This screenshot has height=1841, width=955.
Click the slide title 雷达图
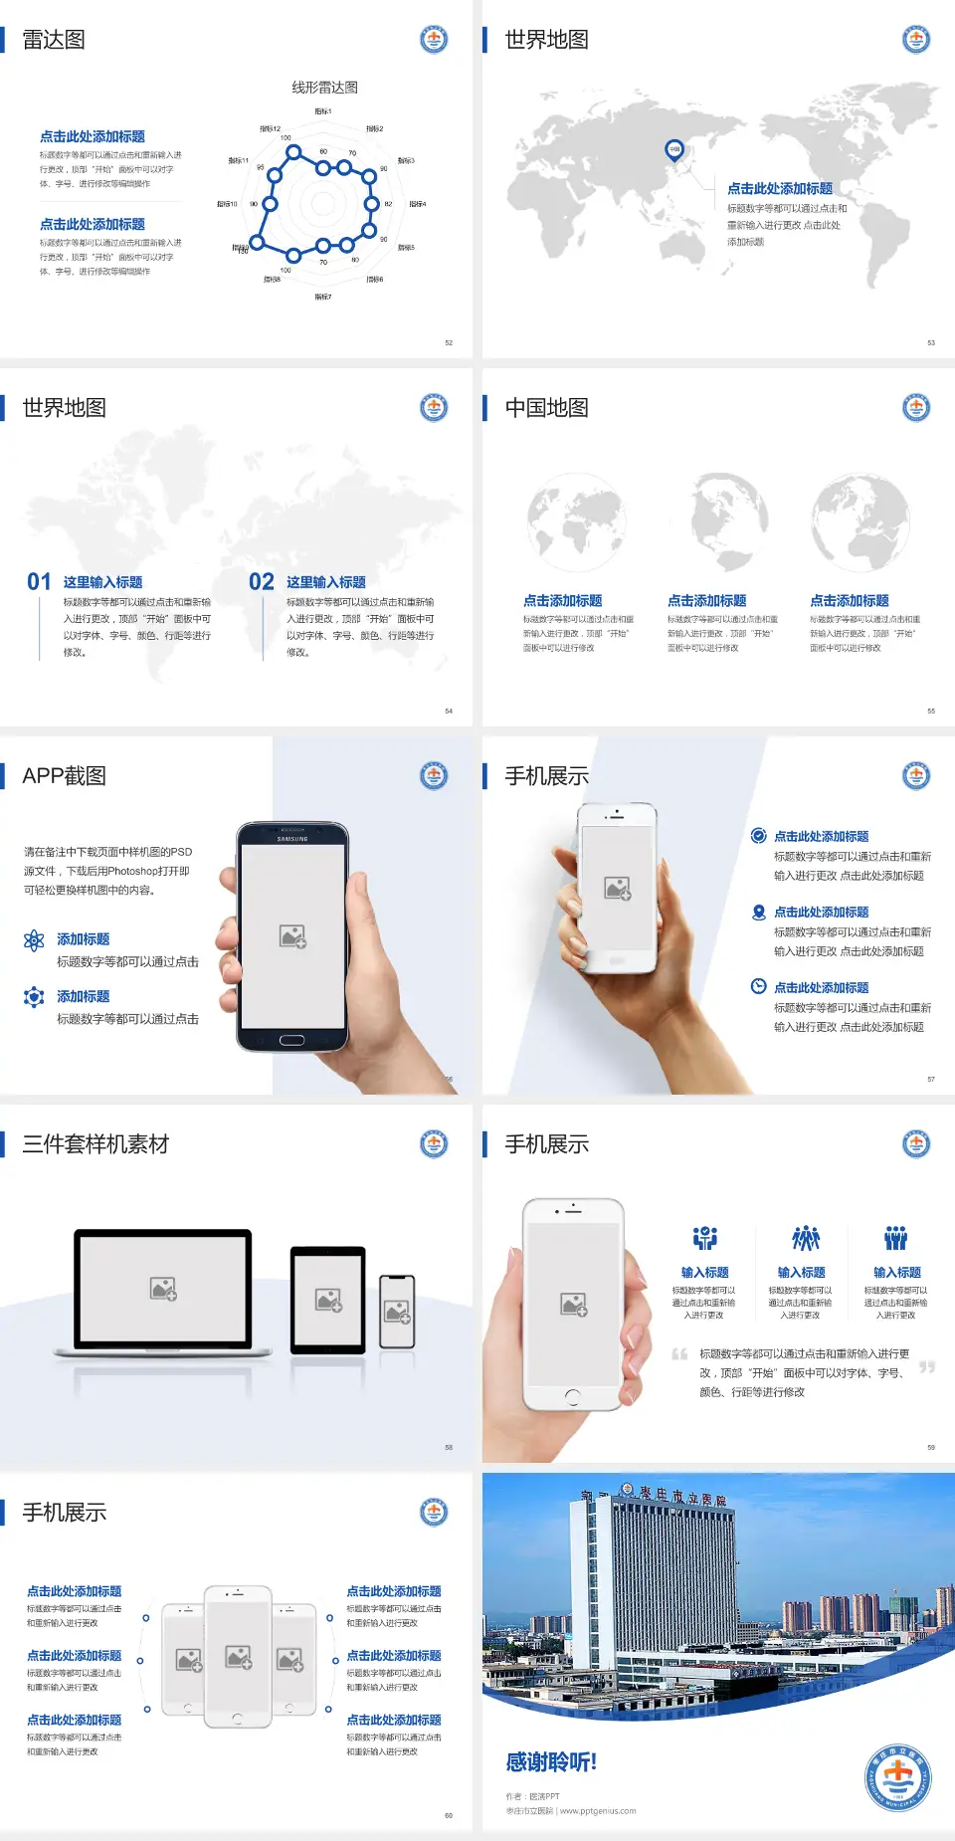[x=54, y=40]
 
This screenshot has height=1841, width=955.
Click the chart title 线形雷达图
[x=324, y=88]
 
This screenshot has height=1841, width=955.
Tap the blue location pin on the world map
[x=673, y=149]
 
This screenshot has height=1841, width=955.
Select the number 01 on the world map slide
[x=39, y=582]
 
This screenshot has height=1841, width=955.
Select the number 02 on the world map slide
[x=262, y=582]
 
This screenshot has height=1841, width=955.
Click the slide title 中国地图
[x=546, y=408]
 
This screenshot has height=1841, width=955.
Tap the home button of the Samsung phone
[x=291, y=1040]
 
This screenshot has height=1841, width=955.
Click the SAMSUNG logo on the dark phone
[x=292, y=839]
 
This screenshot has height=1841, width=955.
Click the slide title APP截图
[x=65, y=776]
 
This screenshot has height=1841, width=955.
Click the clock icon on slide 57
[x=758, y=986]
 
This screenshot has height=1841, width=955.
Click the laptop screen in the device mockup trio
[x=163, y=1288]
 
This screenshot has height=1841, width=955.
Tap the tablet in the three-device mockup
[x=328, y=1299]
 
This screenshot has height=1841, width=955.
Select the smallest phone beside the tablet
[x=397, y=1312]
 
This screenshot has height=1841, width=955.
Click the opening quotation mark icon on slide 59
[x=679, y=1353]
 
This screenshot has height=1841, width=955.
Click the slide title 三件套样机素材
[x=95, y=1144]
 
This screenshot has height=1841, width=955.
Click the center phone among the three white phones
[x=238, y=1656]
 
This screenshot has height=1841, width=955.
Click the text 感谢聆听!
[x=551, y=1762]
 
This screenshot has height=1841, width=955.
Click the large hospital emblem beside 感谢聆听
[x=897, y=1777]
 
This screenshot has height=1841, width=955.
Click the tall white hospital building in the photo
[x=657, y=1582]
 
